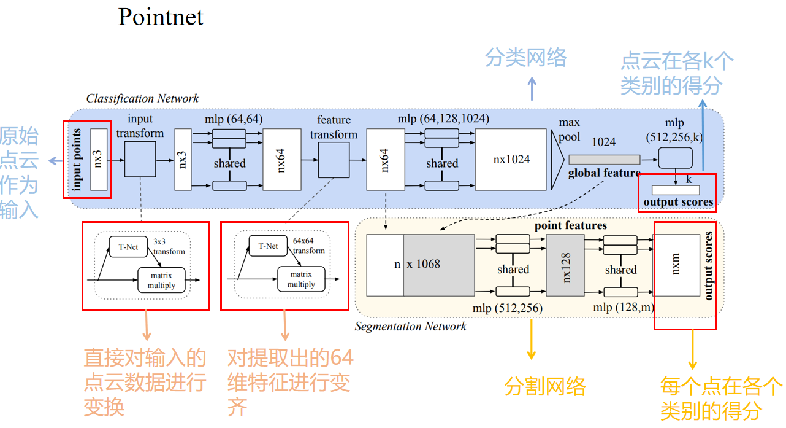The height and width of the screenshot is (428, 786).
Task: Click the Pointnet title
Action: click(161, 17)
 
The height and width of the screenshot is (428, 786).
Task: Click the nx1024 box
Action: click(511, 160)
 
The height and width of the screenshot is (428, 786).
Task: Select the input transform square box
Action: click(140, 158)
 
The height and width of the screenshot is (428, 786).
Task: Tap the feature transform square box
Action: click(334, 159)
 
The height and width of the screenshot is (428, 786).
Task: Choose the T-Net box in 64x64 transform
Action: click(268, 246)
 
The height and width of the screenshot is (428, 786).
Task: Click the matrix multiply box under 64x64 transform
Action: click(301, 279)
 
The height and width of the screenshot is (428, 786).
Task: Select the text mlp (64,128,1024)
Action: click(443, 118)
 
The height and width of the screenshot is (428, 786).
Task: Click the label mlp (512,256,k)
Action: click(675, 130)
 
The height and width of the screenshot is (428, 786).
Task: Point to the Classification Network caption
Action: click(142, 98)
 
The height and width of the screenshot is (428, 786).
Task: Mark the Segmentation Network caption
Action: click(410, 326)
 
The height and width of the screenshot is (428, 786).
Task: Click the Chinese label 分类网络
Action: click(525, 58)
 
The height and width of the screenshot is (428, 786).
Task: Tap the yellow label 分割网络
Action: click(545, 387)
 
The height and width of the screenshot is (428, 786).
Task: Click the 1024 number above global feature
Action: click(603, 142)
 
